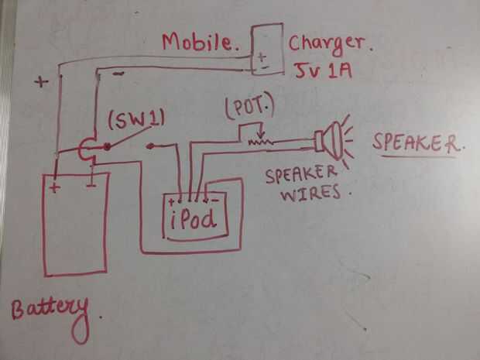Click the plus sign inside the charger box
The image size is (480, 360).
(263, 56)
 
